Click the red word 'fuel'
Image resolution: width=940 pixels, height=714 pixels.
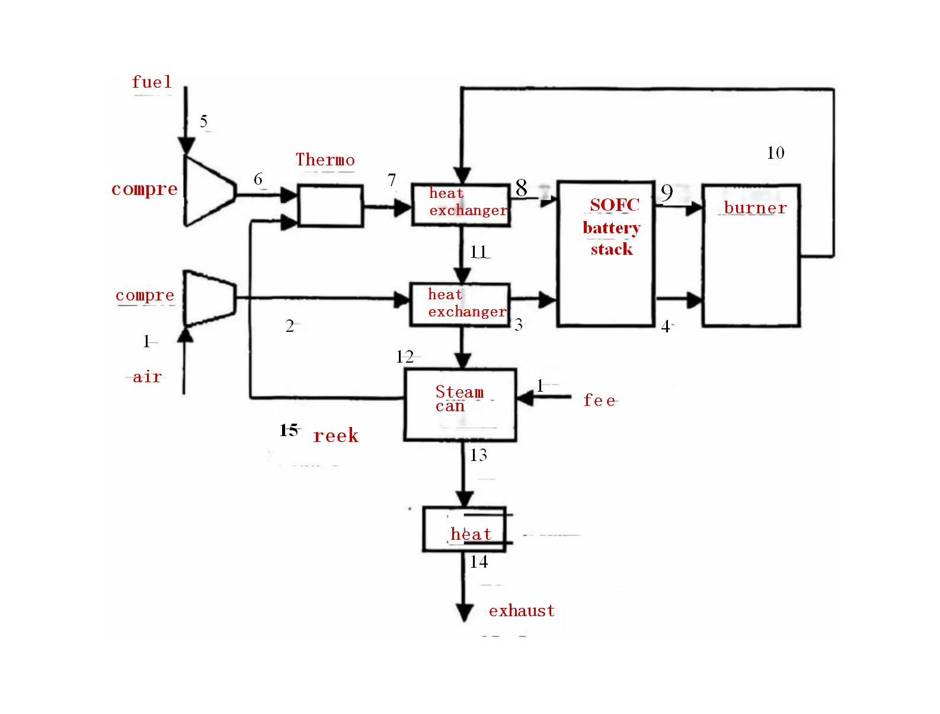point(152,82)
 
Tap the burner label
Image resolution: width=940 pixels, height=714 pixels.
point(755,208)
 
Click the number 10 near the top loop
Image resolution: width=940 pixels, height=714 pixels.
point(775,153)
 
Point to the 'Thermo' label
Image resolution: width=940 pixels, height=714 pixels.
point(325,160)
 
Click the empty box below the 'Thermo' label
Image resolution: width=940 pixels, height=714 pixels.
point(330,206)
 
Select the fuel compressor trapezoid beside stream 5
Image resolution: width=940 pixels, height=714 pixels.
point(207,191)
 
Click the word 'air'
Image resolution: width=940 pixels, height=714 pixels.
point(147,377)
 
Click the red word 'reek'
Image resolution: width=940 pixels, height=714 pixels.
point(335,436)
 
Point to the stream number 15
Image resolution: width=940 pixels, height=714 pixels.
point(289,430)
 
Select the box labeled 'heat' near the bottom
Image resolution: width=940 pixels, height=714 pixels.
point(464,529)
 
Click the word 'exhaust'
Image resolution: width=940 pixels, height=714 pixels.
point(522,611)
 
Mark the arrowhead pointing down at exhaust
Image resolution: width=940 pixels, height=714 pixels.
point(464,613)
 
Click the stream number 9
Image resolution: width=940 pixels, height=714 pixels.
point(667,193)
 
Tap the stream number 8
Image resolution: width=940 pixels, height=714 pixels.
point(521,188)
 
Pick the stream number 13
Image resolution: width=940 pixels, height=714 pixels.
point(478,455)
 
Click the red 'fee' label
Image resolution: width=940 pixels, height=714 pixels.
point(599,401)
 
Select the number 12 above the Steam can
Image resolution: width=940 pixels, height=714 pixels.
point(405,357)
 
